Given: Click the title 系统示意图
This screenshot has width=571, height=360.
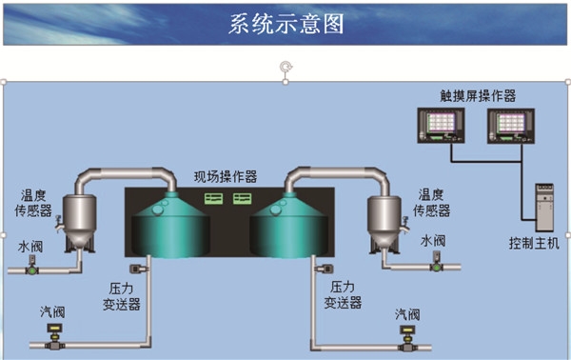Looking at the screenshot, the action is pos(285,24).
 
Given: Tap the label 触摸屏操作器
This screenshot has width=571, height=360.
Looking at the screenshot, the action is pos(477,95).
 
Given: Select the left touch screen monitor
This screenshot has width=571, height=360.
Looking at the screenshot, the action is pos(440,125).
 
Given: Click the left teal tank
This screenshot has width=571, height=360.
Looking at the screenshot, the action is pos(172,232).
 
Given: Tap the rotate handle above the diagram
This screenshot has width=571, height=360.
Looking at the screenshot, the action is pos(284,66).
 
